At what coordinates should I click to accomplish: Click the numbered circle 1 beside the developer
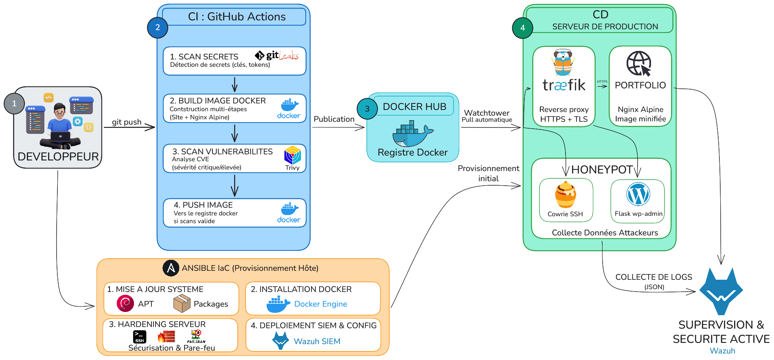point(14,103)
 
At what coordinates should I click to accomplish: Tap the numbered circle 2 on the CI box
point(158,28)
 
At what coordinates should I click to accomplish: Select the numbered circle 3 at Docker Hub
point(367,109)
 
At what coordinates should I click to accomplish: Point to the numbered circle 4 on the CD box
point(523,28)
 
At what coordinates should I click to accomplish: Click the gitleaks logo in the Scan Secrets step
point(277,56)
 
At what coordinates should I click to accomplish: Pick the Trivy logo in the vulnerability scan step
point(292,156)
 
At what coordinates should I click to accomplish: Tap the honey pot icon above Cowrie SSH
point(566,195)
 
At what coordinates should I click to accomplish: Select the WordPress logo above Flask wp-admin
point(638,194)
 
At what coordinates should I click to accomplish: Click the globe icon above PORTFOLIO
point(639,64)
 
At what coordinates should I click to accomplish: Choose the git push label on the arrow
point(127,122)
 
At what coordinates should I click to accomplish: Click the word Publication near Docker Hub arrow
point(334,119)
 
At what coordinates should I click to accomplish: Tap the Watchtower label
point(487,113)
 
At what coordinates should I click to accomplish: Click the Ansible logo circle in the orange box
point(171,268)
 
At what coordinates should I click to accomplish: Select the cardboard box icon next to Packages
point(182,304)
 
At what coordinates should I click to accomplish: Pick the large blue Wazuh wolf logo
point(721,291)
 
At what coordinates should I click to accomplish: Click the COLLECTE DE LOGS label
point(653,277)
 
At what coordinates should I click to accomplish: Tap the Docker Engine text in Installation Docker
point(320,304)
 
